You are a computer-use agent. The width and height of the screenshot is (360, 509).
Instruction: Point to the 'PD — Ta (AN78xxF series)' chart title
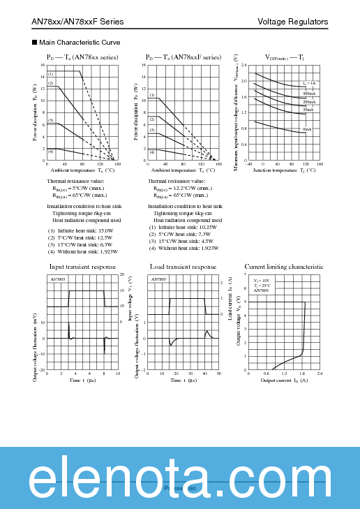[x=183, y=57]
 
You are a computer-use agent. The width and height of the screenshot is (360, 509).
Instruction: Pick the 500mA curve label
[x=308, y=93]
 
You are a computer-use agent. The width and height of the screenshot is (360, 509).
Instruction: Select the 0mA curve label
[x=307, y=129]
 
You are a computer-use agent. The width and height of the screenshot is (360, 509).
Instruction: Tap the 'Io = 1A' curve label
[x=309, y=83]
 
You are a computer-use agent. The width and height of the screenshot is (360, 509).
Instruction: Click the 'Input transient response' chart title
[x=82, y=267]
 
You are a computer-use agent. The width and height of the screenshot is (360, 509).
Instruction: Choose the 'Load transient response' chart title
[x=183, y=267]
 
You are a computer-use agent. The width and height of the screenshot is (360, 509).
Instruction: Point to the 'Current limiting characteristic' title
[x=284, y=267]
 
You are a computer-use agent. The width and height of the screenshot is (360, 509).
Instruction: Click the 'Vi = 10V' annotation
[x=261, y=280]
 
